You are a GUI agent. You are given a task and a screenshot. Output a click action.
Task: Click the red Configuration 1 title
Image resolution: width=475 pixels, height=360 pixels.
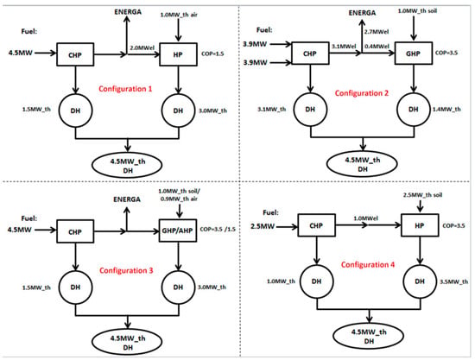click(125, 89)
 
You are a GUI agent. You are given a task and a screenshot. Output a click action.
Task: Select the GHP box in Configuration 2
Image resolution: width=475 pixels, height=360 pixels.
click(413, 54)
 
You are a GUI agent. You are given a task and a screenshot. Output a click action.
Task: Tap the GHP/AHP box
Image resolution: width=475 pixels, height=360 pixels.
click(178, 231)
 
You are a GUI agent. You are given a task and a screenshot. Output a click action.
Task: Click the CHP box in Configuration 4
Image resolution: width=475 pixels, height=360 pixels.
click(317, 225)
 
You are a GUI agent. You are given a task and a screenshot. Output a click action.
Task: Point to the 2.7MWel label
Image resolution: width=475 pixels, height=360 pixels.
click(377, 32)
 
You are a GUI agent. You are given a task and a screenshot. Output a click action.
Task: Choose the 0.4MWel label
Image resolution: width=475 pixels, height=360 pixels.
click(377, 47)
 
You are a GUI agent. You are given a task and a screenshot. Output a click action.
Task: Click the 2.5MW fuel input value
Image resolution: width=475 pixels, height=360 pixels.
click(263, 226)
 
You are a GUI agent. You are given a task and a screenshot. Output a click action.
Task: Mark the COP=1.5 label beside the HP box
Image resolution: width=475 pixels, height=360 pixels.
click(212, 54)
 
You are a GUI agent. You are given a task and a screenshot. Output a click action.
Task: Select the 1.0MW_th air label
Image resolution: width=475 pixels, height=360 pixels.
click(179, 15)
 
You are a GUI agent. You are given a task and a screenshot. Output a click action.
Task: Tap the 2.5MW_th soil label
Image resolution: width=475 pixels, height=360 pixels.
click(422, 195)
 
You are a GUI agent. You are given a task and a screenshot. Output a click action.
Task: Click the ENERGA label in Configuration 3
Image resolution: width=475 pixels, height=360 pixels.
click(127, 199)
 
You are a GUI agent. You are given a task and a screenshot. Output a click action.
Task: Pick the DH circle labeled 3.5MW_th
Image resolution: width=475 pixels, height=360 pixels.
click(420, 281)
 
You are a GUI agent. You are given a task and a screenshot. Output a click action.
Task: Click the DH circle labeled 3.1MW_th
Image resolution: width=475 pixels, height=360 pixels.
click(310, 110)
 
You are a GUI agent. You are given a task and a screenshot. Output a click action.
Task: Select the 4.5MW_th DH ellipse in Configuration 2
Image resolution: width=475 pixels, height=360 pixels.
click(362, 164)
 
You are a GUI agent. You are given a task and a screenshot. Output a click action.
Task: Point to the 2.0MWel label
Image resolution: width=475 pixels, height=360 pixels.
click(142, 47)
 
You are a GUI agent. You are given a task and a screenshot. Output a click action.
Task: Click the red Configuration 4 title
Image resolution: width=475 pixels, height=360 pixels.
click(368, 265)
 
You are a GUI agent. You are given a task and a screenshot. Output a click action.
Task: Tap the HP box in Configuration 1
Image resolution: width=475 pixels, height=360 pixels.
click(179, 54)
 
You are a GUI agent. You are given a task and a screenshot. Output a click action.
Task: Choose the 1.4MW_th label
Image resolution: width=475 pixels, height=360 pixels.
click(446, 110)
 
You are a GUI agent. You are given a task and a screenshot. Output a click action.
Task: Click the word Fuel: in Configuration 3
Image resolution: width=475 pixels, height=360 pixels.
click(29, 218)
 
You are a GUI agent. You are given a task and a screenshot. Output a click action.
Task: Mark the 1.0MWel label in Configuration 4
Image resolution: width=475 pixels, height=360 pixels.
click(365, 218)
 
